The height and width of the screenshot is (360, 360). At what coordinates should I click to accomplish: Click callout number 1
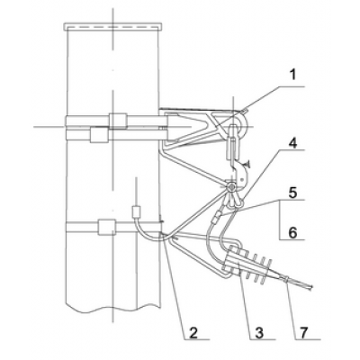[293, 75]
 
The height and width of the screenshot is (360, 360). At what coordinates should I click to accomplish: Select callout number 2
[193, 333]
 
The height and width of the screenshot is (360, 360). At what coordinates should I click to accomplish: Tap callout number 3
[259, 333]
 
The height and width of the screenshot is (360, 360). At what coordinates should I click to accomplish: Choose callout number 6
[293, 233]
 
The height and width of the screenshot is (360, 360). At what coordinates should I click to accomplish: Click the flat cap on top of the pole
[113, 26]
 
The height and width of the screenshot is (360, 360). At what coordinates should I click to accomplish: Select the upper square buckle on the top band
[118, 121]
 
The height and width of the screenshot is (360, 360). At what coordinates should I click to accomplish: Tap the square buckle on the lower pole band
[106, 227]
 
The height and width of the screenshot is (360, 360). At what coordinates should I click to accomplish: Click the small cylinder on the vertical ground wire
[137, 211]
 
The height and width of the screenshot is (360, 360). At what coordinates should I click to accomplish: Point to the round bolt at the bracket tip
[231, 187]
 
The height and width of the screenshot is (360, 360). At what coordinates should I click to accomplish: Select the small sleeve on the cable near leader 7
[287, 280]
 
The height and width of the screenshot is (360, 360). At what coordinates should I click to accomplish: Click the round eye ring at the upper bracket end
[239, 124]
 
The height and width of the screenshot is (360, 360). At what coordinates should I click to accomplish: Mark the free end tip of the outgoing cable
[312, 287]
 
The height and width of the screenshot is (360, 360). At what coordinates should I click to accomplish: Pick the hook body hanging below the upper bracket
[242, 173]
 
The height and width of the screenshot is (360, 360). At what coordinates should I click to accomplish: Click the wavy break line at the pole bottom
[112, 309]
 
